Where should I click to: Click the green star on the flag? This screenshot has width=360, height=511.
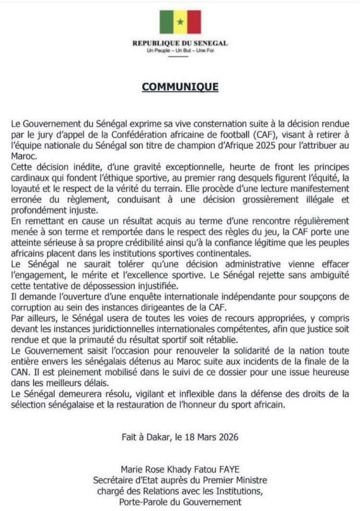[x=180, y=22]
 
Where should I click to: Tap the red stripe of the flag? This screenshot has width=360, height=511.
[x=194, y=22]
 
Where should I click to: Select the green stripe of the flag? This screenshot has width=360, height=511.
[x=166, y=22]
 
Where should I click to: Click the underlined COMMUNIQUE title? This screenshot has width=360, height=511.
[x=180, y=87]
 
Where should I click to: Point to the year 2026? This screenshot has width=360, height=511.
[x=229, y=437]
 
